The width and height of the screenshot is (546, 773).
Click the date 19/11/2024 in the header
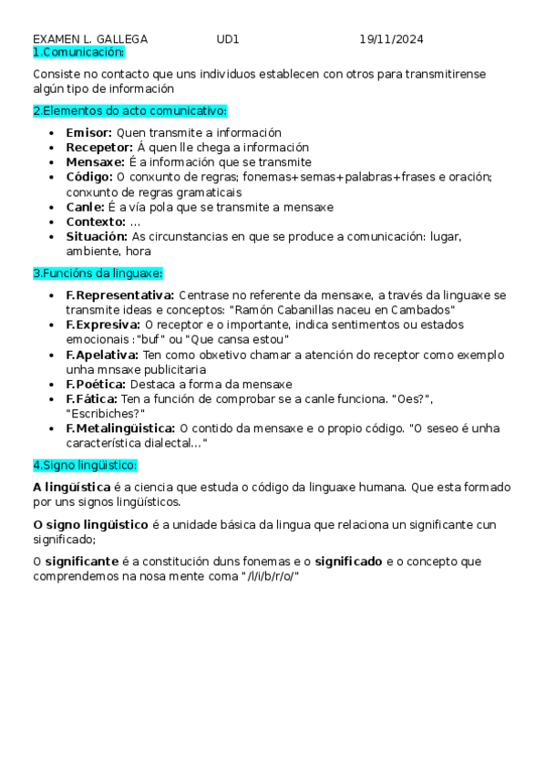pos(391,39)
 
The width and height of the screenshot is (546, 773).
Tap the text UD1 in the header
pos(228,39)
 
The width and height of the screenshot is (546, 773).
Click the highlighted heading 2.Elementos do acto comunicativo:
pos(129,111)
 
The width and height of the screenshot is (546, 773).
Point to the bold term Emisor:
pos(89,133)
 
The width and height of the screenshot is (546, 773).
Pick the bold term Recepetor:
pos(99,148)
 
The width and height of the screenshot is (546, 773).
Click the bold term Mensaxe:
pos(95,162)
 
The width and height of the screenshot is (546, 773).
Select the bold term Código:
pos(89,177)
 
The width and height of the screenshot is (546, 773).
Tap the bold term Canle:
pos(86,207)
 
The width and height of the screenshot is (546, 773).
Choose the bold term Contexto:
pos(96,222)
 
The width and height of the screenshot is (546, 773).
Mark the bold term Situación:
pos(98,236)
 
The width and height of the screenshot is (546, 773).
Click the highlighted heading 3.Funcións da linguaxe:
pos(98,273)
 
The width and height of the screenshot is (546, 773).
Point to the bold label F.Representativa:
pos(120,295)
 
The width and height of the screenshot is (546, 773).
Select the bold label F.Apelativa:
pos(102,355)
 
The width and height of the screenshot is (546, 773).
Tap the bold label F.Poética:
pos(96,384)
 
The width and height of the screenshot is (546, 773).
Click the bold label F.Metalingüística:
pos(121,428)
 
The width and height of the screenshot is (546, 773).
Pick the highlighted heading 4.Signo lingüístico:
pos(85,465)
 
